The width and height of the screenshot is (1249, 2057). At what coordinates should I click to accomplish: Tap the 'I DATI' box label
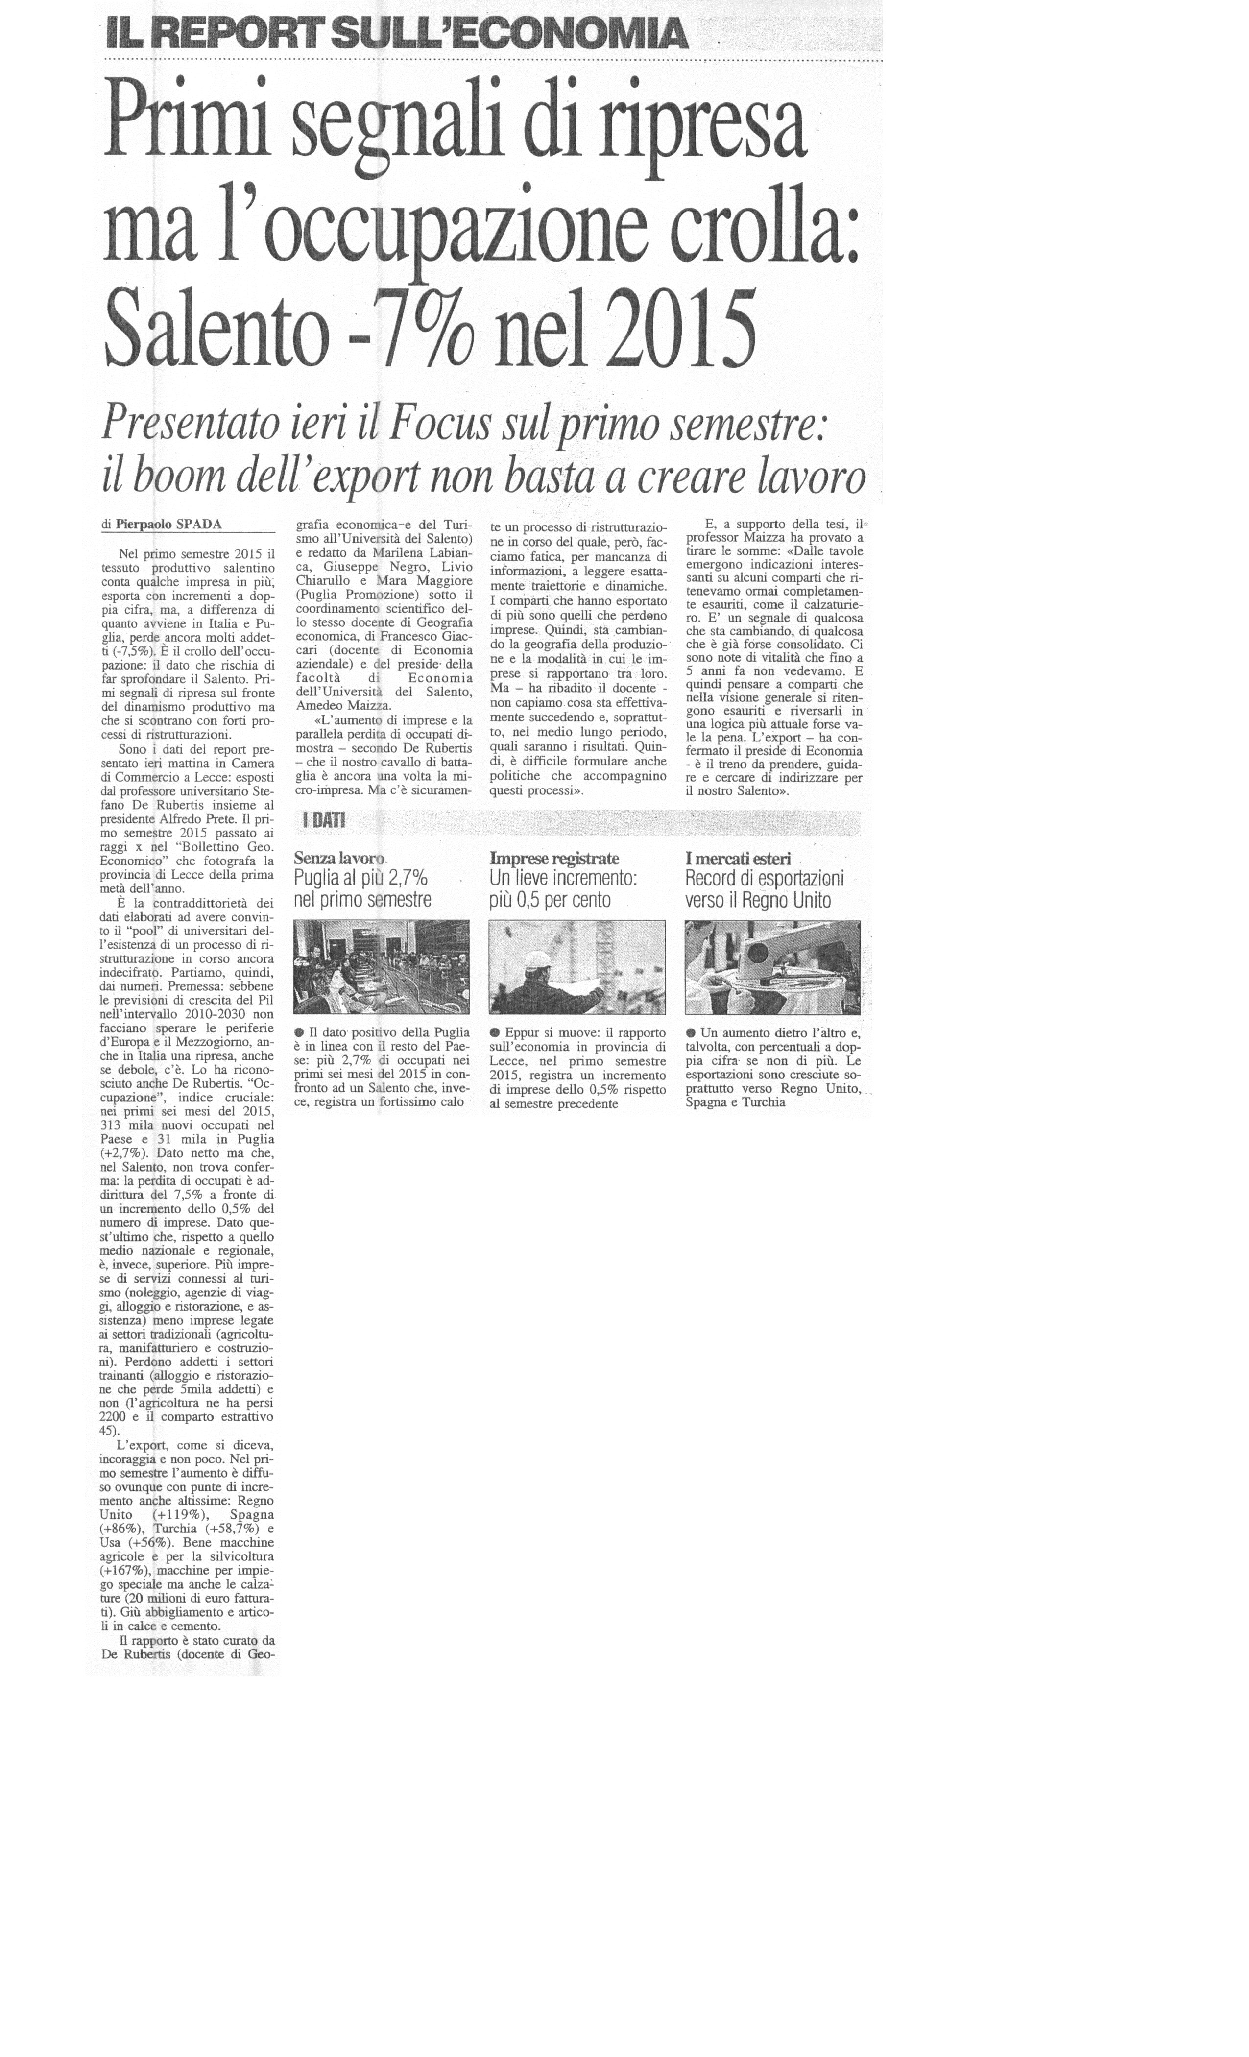click(x=323, y=822)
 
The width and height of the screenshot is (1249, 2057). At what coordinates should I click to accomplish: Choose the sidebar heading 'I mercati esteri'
click(x=737, y=858)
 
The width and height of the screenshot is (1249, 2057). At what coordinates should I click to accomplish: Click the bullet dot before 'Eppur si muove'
click(x=495, y=1033)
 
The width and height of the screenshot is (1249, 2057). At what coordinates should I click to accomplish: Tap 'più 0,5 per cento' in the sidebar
click(x=550, y=901)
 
